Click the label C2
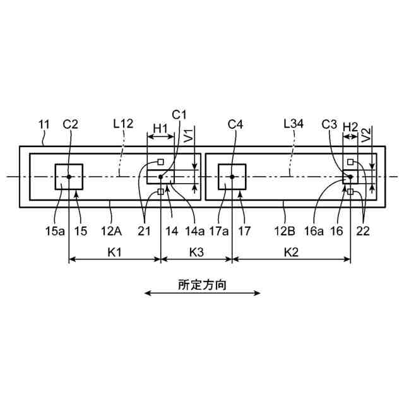click(70, 125)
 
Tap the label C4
click(235, 125)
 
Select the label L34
click(294, 125)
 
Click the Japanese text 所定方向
click(202, 283)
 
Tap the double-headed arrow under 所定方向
click(202, 293)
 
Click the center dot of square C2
click(68, 177)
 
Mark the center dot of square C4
click(232, 177)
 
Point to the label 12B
click(285, 232)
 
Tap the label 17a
click(218, 232)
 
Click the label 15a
click(54, 232)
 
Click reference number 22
click(364, 232)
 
